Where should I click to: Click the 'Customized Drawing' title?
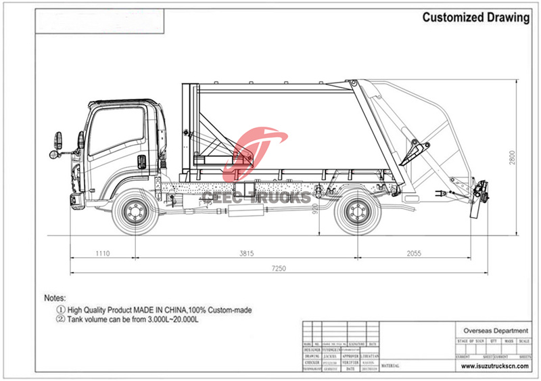coord(476,18)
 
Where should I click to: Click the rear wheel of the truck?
coord(356,211)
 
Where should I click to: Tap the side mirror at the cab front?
coord(57,143)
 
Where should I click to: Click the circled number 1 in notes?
coord(60,309)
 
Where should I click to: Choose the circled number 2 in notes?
coord(60,319)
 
